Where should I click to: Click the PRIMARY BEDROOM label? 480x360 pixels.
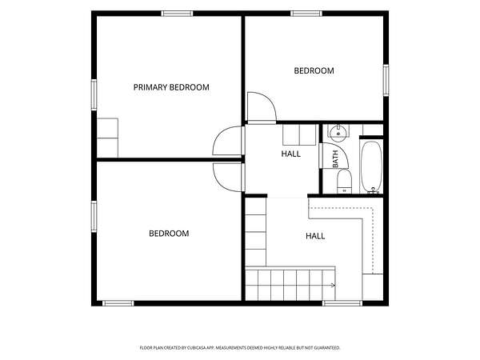(x=171, y=87)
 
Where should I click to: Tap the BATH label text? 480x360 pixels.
(x=335, y=159)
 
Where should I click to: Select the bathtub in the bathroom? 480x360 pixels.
(x=371, y=167)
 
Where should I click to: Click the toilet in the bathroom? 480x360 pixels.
(x=344, y=181)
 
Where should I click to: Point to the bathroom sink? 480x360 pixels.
(x=338, y=132)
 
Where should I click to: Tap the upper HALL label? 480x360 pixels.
(x=291, y=154)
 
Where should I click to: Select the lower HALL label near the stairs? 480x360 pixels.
(x=315, y=236)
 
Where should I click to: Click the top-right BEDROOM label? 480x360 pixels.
(x=314, y=70)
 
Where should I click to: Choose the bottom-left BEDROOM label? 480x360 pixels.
(x=169, y=234)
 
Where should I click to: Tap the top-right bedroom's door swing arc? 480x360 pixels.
(x=270, y=101)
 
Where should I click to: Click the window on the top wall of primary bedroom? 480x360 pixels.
(x=178, y=14)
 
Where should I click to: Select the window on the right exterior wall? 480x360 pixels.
(x=386, y=80)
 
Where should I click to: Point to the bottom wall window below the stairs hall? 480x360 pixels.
(x=342, y=303)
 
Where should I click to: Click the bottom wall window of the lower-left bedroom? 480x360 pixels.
(x=118, y=303)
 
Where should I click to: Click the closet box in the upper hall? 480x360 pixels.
(x=299, y=134)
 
